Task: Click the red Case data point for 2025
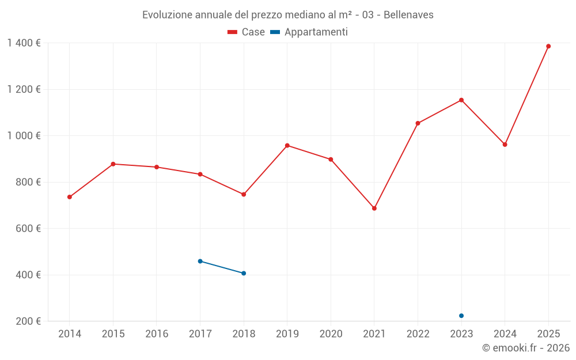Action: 548,46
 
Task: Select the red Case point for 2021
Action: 374,209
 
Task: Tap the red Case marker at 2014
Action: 70,197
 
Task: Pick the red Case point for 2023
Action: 461,100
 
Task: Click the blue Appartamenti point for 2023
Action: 461,316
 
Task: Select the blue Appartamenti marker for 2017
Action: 200,262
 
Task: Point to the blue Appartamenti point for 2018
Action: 244,273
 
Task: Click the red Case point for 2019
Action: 287,146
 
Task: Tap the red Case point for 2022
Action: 418,123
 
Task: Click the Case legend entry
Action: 247,32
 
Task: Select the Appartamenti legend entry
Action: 309,32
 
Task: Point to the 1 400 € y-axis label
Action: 24,43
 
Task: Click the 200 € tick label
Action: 28,321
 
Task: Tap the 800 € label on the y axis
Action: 28,182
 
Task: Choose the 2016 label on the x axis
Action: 157,334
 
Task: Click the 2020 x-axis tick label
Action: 331,334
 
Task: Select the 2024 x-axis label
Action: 505,334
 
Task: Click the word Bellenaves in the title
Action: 408,15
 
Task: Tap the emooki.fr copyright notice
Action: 525,348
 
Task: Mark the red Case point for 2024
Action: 505,145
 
